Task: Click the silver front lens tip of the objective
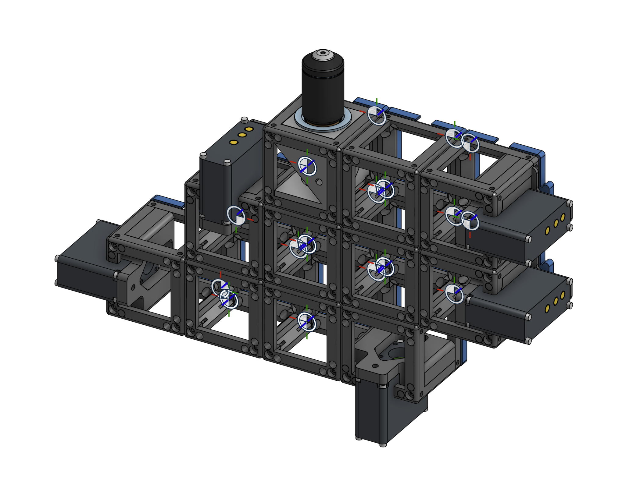click(x=323, y=53)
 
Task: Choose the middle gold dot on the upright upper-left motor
click(x=242, y=135)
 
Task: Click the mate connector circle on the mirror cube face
click(x=307, y=166)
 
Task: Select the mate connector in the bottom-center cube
click(x=307, y=322)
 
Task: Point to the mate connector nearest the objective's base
click(x=377, y=115)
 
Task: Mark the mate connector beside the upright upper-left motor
click(x=236, y=215)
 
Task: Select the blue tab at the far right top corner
click(x=527, y=149)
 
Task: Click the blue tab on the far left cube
click(x=168, y=201)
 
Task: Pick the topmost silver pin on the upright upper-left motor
click(x=244, y=119)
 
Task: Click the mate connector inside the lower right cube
click(x=454, y=294)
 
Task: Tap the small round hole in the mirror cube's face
click(x=319, y=182)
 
